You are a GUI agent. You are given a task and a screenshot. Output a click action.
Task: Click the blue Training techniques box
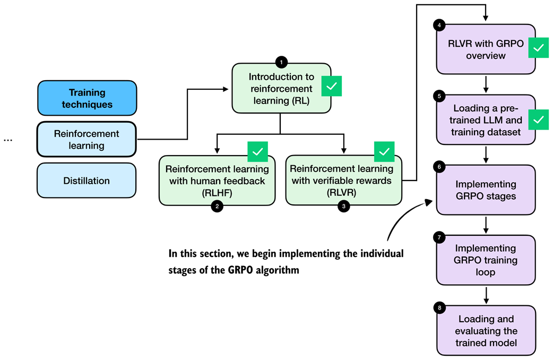coord(87,98)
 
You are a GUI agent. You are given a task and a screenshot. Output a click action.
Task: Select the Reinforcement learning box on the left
coord(87,139)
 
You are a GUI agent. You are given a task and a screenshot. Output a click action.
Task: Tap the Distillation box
coord(87,181)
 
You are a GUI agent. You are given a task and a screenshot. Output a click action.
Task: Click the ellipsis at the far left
coord(8,140)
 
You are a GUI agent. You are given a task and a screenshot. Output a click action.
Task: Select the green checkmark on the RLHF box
coord(258,152)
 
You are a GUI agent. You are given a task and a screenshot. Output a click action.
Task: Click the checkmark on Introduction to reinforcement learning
coord(331,87)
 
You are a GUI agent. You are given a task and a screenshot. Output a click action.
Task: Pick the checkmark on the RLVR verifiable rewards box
coord(384,152)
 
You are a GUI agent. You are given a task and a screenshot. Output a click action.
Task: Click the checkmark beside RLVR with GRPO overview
coord(539,48)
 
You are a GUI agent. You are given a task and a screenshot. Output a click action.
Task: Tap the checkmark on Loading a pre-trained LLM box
coord(539,119)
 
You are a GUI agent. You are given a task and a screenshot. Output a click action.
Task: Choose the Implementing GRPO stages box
coord(486,190)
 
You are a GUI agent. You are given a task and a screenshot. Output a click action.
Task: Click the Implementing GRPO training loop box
coord(486,260)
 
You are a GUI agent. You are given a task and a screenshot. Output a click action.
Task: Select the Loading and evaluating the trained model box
coord(486,331)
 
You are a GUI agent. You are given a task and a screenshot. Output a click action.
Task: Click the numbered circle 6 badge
coord(439,167)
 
